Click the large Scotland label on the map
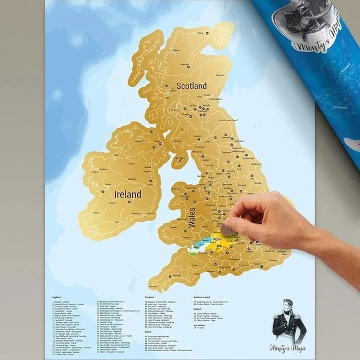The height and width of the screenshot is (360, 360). point(191,86)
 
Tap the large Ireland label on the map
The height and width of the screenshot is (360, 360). point(128,194)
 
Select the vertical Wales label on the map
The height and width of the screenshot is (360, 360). point(192,217)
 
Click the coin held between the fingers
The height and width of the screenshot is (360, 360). point(228,229)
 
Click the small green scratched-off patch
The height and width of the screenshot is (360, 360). point(193,254)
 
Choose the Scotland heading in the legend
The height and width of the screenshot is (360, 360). point(149,297)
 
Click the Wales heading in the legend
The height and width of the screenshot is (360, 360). point(147,332)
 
